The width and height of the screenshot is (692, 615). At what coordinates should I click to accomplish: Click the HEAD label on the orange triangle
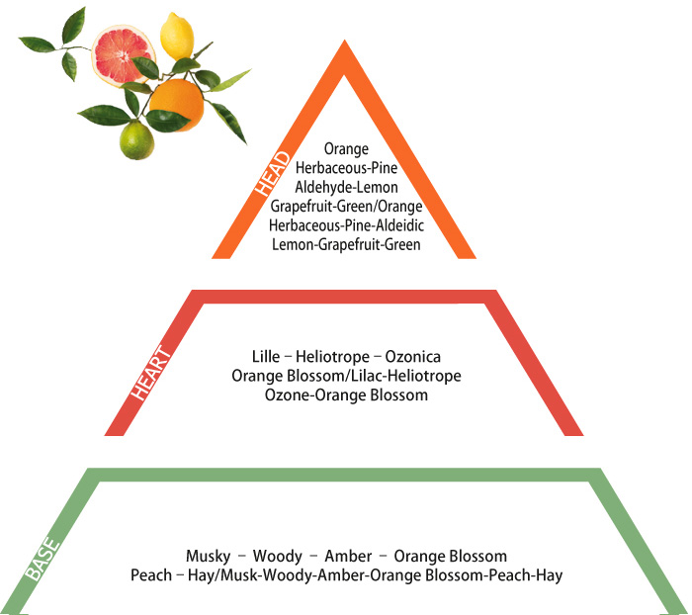pos(272,174)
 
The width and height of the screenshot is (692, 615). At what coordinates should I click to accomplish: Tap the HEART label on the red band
pos(151,374)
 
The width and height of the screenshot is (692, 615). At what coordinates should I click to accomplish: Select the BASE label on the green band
pos(42,559)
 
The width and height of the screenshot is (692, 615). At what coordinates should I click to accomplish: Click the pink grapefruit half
pos(123,54)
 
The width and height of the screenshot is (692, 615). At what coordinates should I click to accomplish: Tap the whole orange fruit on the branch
pos(177,104)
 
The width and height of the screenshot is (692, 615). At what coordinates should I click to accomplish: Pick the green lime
pos(136,140)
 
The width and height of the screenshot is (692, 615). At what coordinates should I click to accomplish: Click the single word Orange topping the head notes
pos(346,149)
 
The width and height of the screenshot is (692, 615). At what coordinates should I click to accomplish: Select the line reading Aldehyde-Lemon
pos(346,187)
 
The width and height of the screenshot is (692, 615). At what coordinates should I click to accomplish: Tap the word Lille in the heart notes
pos(266,356)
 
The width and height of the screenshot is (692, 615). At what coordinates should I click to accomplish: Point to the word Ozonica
pos(412,356)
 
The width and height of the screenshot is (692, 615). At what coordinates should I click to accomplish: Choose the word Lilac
pos(366,376)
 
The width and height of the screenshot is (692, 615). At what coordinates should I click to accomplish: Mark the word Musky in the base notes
pos(209,557)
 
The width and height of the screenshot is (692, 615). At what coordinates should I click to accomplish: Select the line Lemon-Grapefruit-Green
pos(346,244)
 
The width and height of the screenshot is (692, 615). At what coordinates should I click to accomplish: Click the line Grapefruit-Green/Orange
pos(346,207)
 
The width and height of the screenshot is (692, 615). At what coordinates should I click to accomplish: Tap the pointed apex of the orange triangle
pos(345,41)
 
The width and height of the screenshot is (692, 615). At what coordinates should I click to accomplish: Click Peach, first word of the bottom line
pos(151,575)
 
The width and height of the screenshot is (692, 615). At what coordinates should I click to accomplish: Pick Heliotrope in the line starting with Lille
pos(333,356)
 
